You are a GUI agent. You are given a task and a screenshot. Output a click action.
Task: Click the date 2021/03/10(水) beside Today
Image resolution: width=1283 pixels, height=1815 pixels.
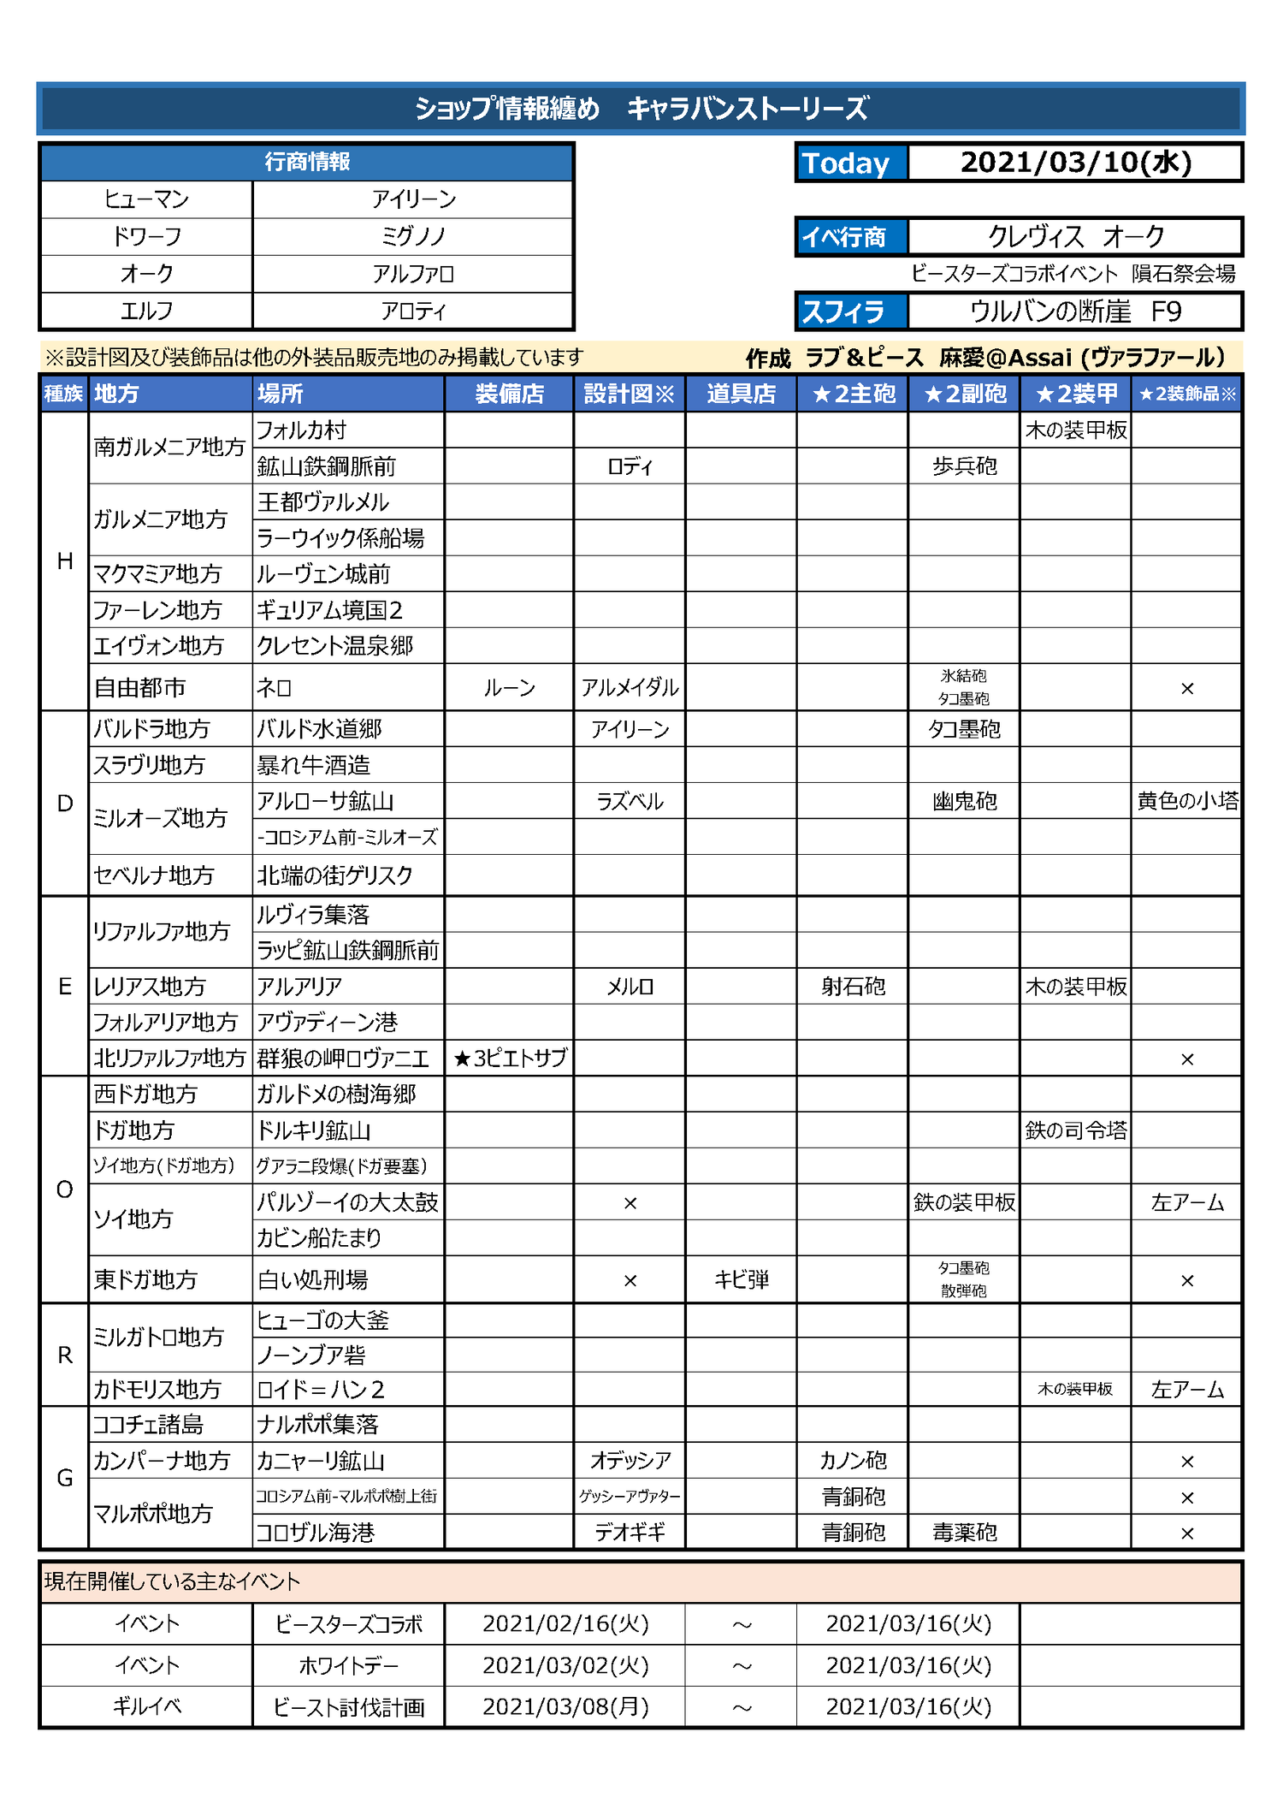click(x=1075, y=163)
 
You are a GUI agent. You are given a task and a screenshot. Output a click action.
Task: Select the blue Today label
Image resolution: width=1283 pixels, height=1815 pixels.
click(x=846, y=163)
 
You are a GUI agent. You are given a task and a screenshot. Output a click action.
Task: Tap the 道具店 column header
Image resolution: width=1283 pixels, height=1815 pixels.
click(x=741, y=394)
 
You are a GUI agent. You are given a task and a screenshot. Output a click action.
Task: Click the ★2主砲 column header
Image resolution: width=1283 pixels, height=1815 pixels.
click(x=853, y=394)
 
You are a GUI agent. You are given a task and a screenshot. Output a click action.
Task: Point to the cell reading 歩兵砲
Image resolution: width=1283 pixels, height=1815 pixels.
click(x=964, y=466)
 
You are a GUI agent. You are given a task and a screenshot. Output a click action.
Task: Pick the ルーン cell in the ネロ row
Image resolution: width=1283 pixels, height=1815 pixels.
click(x=509, y=688)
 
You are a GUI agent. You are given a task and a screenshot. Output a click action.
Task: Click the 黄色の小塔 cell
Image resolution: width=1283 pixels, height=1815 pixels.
click(x=1187, y=801)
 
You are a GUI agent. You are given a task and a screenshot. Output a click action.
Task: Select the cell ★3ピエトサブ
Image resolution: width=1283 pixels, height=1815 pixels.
click(x=510, y=1059)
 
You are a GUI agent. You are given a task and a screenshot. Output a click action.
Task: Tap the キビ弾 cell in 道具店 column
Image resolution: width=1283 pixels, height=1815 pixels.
click(x=741, y=1280)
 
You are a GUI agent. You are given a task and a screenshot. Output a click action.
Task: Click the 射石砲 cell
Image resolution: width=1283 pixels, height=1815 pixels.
click(x=853, y=987)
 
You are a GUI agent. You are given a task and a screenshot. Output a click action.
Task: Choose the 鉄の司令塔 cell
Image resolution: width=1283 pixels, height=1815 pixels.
click(x=1075, y=1130)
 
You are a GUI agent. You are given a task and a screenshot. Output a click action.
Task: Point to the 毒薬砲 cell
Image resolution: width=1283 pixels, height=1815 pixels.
click(x=964, y=1532)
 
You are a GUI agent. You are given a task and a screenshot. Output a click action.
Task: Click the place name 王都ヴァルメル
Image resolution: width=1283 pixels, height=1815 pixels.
click(x=323, y=502)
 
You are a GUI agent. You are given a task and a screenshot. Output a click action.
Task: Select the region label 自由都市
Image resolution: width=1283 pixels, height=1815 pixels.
click(x=139, y=688)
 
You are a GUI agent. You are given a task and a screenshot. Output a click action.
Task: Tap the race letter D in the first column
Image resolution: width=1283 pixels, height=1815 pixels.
click(x=65, y=804)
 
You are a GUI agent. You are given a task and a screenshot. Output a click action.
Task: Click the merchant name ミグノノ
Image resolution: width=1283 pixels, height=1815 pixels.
click(x=413, y=236)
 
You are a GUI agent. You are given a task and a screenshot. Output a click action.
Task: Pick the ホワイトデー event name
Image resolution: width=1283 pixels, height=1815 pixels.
click(x=349, y=1665)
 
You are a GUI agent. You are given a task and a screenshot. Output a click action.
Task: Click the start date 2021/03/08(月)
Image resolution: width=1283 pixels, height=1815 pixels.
click(x=565, y=1707)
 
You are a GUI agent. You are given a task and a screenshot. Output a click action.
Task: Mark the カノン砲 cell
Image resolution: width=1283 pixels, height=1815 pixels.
click(x=853, y=1460)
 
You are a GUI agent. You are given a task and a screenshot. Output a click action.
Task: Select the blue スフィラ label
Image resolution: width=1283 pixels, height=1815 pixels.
click(x=843, y=311)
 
